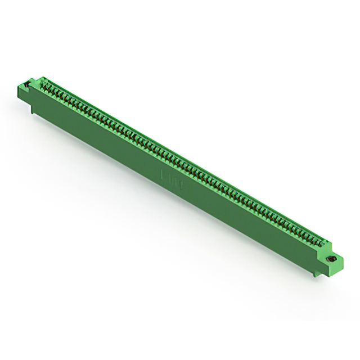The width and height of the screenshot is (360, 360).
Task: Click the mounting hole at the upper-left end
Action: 26,85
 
